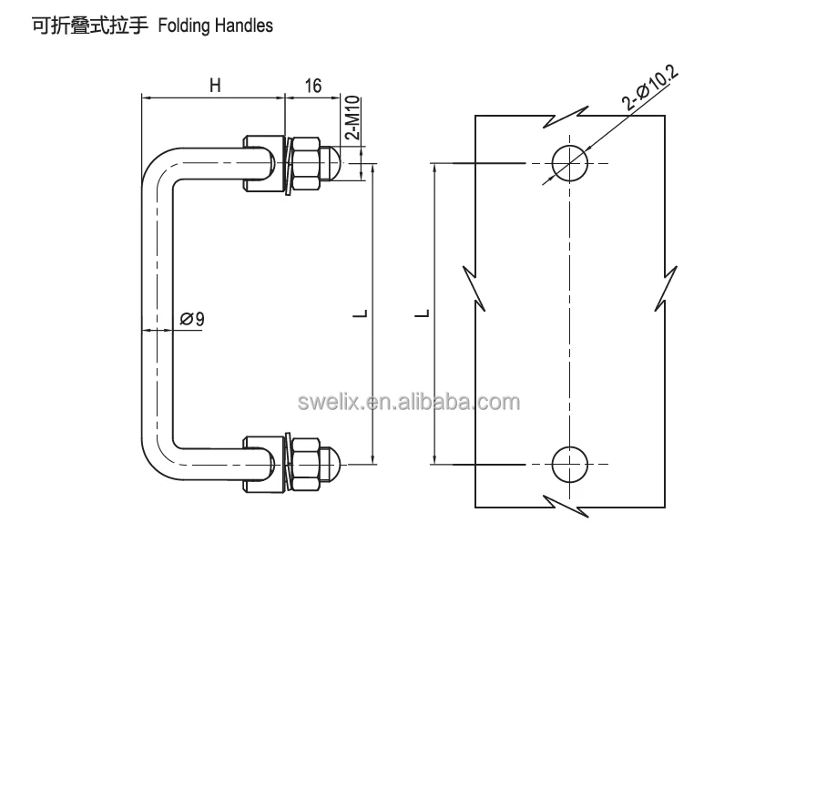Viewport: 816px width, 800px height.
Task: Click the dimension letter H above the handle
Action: pos(215,86)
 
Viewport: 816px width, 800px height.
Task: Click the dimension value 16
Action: pos(311,86)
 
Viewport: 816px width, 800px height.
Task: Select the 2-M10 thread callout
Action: pos(352,118)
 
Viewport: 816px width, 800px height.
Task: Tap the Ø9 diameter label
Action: pos(192,319)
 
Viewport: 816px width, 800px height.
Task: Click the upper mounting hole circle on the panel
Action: pos(570,162)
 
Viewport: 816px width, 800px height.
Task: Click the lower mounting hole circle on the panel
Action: pos(570,464)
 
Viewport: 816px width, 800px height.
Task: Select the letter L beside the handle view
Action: pos(362,314)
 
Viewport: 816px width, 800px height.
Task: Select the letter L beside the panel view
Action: pos(422,314)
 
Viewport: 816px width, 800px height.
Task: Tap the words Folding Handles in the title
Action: pos(215,26)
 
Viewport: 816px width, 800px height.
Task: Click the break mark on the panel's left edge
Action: pos(474,287)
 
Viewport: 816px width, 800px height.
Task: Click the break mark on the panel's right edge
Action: pos(665,287)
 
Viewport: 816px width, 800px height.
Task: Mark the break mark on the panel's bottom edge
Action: pos(566,505)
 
